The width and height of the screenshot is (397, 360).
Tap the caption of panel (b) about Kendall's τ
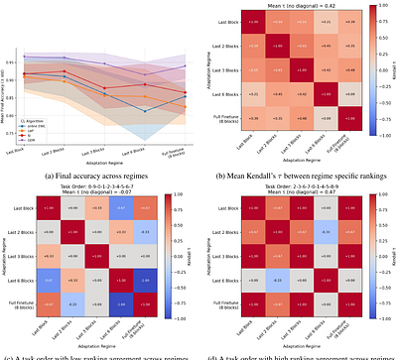298,174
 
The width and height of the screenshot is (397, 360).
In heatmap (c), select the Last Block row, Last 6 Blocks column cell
119,206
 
